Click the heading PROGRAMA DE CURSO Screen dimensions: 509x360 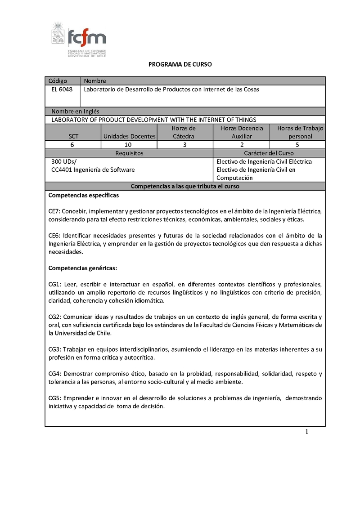pos(180,64)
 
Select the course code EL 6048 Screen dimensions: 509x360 pos(62,89)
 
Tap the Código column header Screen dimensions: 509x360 pos(58,81)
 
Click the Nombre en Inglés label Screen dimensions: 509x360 pos(75,111)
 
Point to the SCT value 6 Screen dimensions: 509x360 pos(72,145)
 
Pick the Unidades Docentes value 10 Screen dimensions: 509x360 pos(129,145)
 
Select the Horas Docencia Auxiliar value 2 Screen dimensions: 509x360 pos(242,145)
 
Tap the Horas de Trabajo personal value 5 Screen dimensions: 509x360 pos(297,145)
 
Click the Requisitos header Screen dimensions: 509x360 pos(129,153)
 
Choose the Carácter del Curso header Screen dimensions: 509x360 pos(269,153)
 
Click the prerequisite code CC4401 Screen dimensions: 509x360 pos(61,170)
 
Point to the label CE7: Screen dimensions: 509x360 pos(54,211)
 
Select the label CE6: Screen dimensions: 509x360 pos(54,236)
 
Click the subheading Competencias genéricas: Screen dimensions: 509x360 pos(82,268)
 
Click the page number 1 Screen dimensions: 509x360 pos(307,432)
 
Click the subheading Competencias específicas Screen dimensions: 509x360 pos(83,195)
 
